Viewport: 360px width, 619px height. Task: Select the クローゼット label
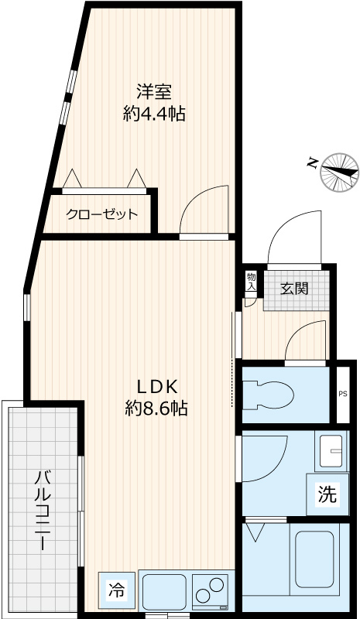[x=101, y=214]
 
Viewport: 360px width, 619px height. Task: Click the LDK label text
[x=158, y=386]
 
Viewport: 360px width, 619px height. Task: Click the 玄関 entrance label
[x=294, y=289]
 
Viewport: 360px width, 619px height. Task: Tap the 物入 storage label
[x=251, y=281]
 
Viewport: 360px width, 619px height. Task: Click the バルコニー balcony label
[x=43, y=508]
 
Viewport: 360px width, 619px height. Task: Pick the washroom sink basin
[x=331, y=449]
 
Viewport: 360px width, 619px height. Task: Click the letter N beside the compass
[x=311, y=162]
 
